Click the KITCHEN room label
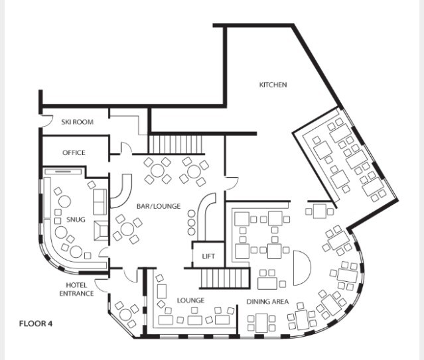click(x=273, y=85)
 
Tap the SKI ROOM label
click(x=78, y=122)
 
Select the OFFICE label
click(x=74, y=152)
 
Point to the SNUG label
click(x=76, y=219)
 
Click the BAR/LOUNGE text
click(x=159, y=206)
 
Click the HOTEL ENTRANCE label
click(x=76, y=289)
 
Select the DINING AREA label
click(x=267, y=302)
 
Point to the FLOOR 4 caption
click(x=36, y=324)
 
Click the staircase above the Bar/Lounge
click(x=175, y=144)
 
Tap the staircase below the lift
click(x=224, y=278)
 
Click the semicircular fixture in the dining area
click(x=302, y=268)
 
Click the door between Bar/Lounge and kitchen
click(x=232, y=183)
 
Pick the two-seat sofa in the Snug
click(x=100, y=202)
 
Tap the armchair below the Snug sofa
click(x=101, y=231)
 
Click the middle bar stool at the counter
click(x=191, y=223)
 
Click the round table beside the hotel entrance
click(x=125, y=314)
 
